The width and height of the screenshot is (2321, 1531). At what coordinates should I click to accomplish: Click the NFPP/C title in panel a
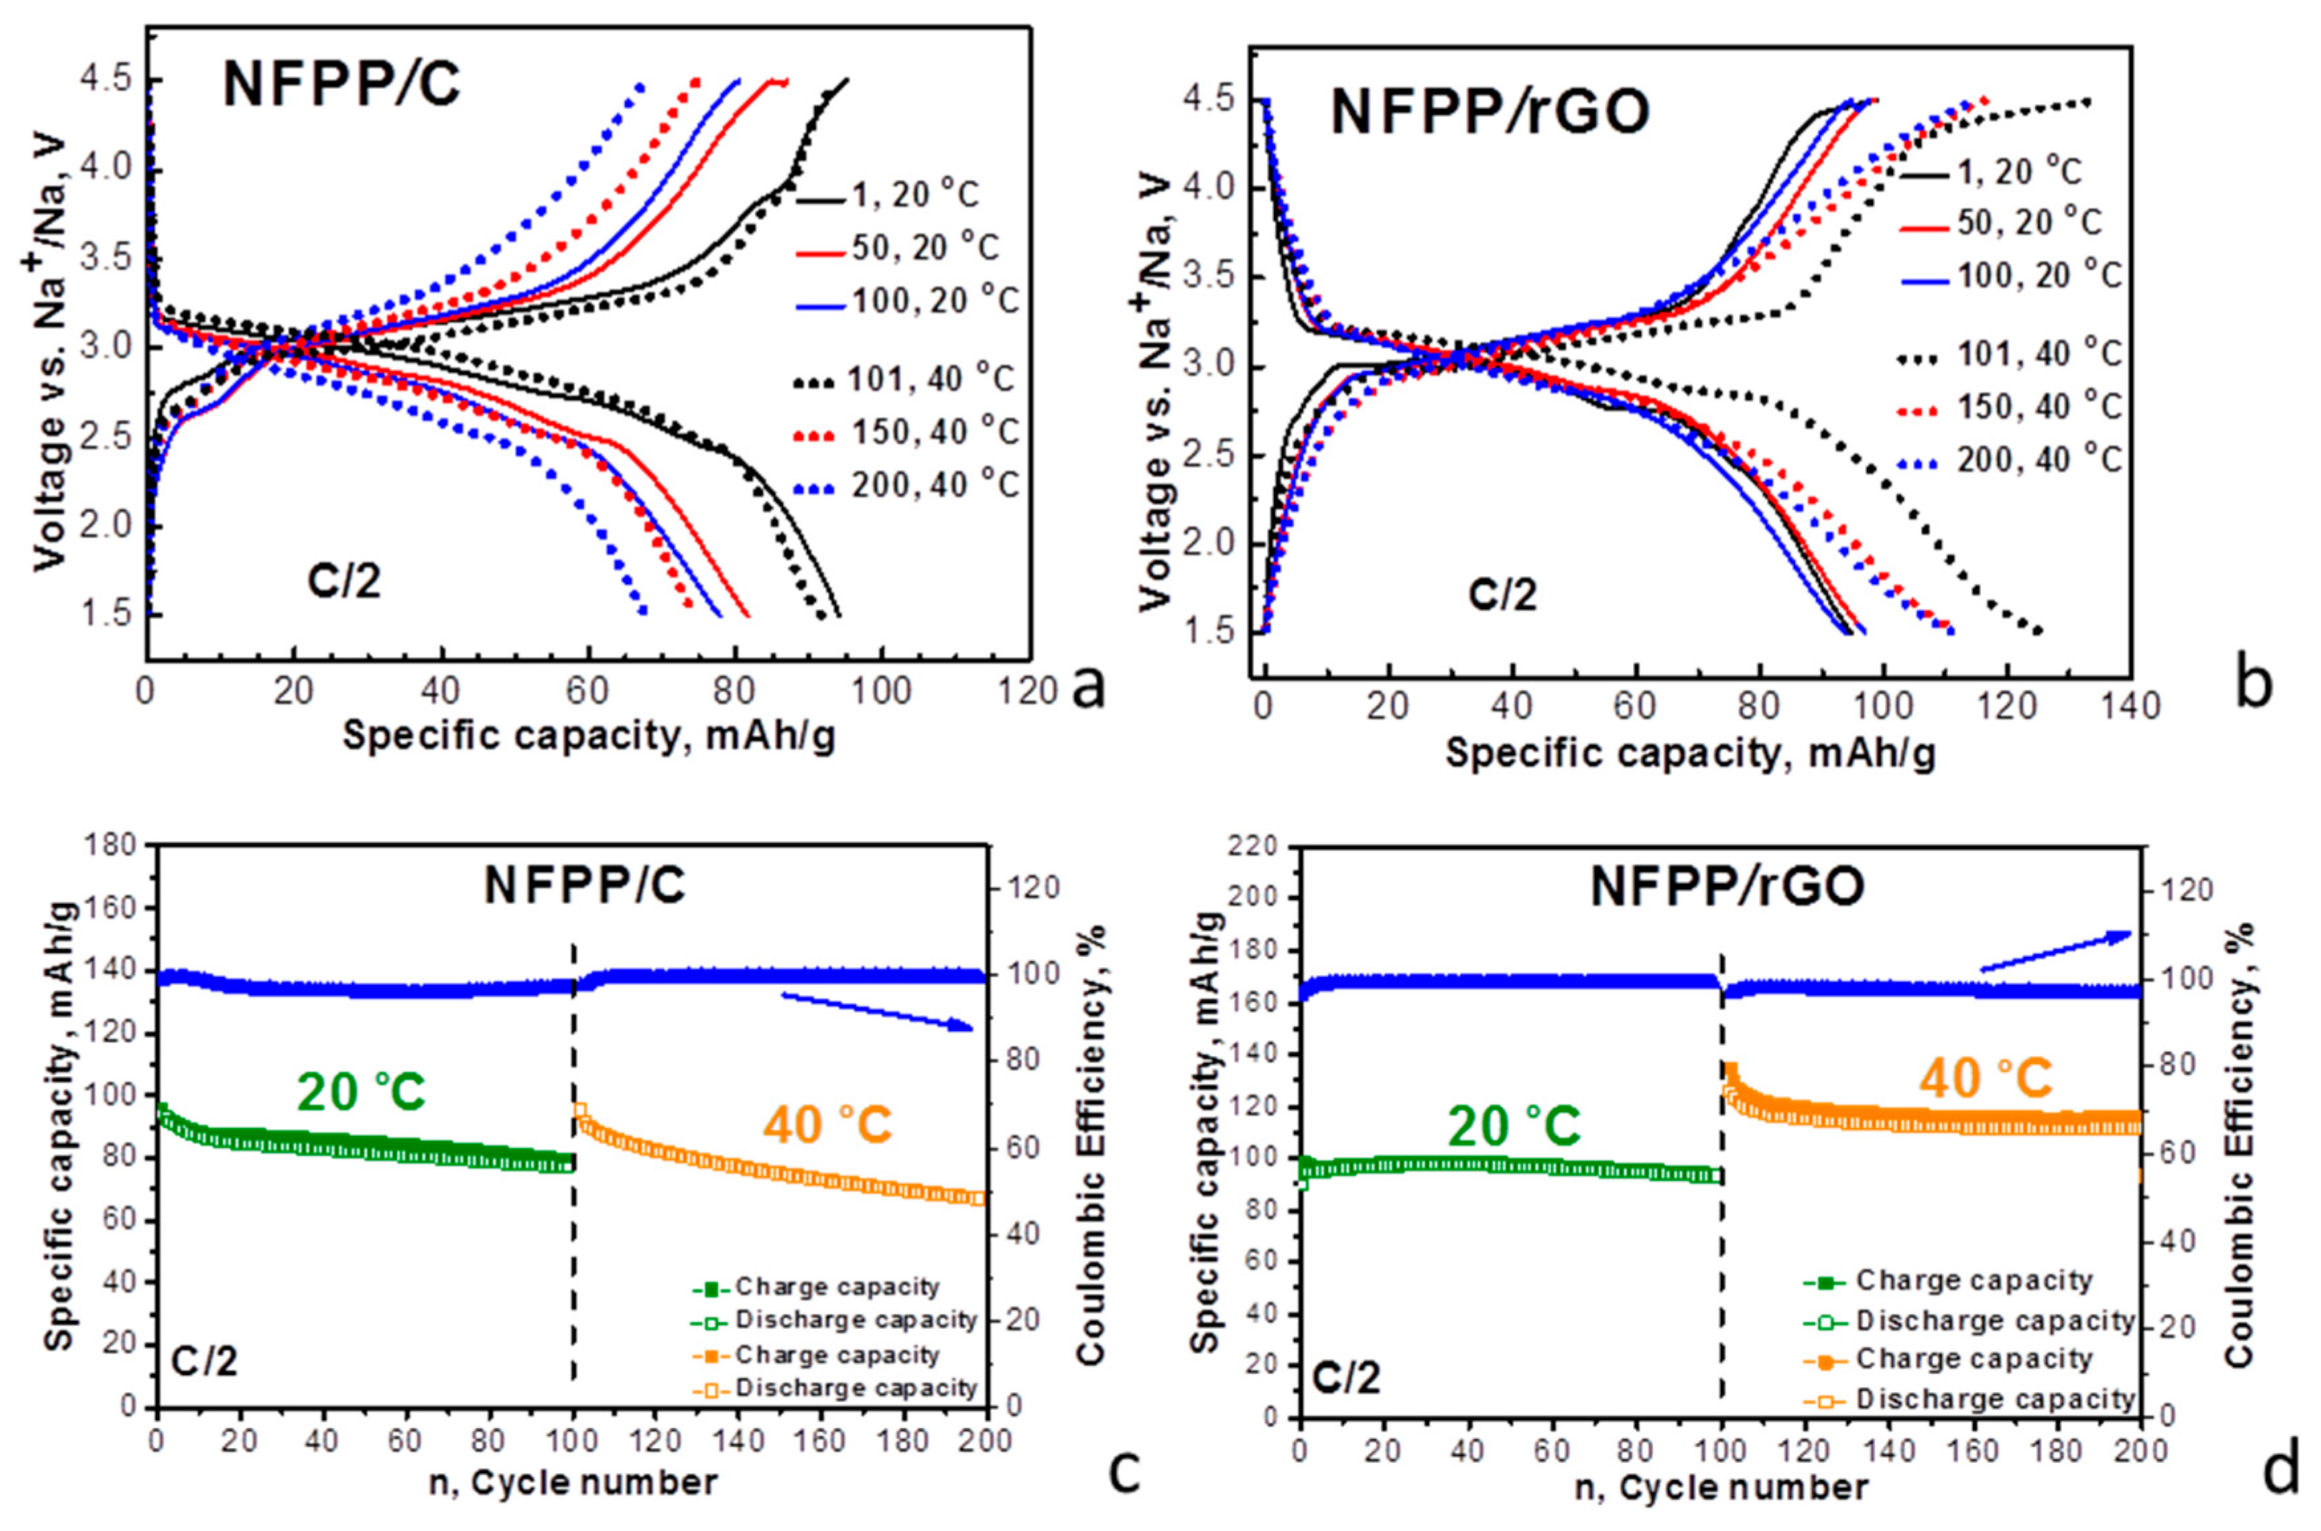pos(341,84)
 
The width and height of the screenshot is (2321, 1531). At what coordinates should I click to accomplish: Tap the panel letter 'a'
pos(1088,688)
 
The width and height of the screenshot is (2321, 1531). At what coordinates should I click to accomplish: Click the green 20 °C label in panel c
pos(362,1091)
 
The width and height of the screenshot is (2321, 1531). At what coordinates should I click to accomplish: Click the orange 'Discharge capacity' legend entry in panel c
pos(835,1388)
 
